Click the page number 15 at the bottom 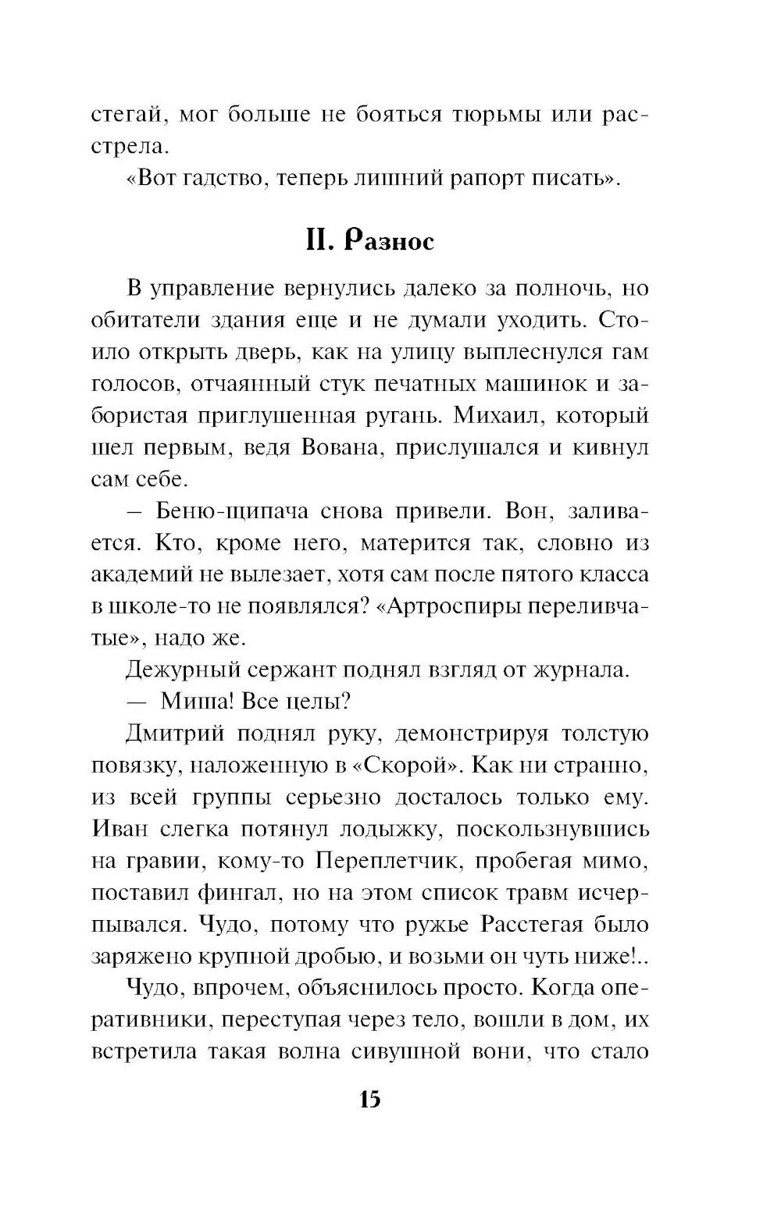point(369,1101)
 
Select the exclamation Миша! point(194,702)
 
